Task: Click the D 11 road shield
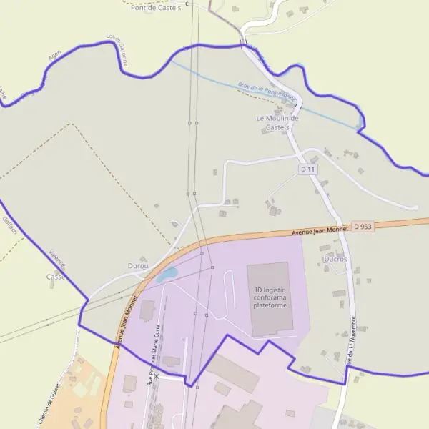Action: (x=307, y=169)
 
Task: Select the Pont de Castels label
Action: (x=156, y=7)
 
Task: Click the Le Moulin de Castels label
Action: (x=277, y=122)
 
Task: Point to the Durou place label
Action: (x=137, y=266)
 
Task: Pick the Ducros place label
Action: (x=335, y=259)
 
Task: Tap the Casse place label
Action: (x=55, y=277)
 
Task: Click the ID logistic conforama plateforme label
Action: (x=270, y=297)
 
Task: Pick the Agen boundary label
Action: (x=55, y=55)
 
